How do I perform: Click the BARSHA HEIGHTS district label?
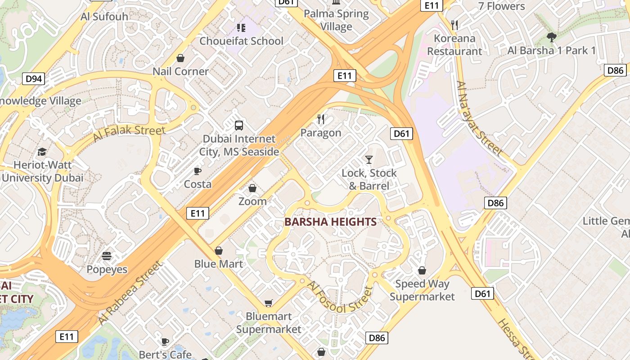pyautogui.click(x=331, y=222)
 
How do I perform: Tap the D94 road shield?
pyautogui.click(x=34, y=79)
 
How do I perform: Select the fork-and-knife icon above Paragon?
pyautogui.click(x=321, y=119)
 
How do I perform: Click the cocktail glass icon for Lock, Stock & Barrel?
pyautogui.click(x=369, y=159)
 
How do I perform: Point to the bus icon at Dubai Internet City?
pyautogui.click(x=239, y=126)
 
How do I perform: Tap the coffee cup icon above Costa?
pyautogui.click(x=197, y=171)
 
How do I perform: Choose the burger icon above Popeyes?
pyautogui.click(x=107, y=256)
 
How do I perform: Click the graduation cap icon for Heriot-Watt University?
pyautogui.click(x=42, y=152)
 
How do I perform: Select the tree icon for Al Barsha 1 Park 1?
pyautogui.click(x=551, y=37)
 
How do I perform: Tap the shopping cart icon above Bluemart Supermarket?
pyautogui.click(x=269, y=303)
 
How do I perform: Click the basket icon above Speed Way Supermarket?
pyautogui.click(x=422, y=270)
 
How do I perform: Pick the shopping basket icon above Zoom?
pyautogui.click(x=252, y=188)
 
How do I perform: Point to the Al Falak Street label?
pyautogui.click(x=129, y=133)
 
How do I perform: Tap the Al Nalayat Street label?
pyautogui.click(x=479, y=118)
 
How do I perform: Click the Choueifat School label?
pyautogui.click(x=241, y=41)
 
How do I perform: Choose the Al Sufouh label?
pyautogui.click(x=104, y=17)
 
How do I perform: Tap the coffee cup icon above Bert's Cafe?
pyautogui.click(x=165, y=342)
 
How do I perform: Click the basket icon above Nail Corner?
pyautogui.click(x=180, y=58)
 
